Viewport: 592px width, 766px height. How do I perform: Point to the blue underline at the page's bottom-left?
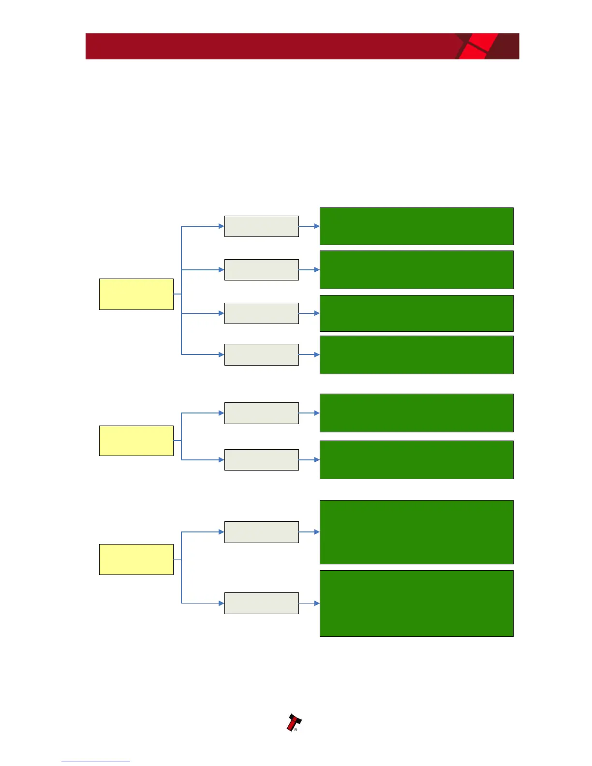(96, 762)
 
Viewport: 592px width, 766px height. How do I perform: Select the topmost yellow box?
(136, 294)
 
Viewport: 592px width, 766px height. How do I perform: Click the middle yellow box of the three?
(136, 441)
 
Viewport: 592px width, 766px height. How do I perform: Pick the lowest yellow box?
(136, 559)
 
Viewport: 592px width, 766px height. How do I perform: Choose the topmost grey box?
(261, 226)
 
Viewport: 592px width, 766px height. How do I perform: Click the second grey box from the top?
(261, 270)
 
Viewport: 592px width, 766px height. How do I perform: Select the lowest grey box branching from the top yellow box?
(261, 354)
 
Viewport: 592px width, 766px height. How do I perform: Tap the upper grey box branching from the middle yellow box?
(261, 413)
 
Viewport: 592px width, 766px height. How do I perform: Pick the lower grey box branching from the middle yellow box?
(261, 459)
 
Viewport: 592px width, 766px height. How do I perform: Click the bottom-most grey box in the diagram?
(261, 603)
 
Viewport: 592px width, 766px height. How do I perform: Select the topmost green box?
(416, 226)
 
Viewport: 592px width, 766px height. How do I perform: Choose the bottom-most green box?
(416, 603)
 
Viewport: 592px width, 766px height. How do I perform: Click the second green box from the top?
(416, 270)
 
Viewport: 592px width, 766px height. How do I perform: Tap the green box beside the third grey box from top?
(416, 313)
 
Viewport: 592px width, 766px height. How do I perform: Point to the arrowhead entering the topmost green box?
(317, 226)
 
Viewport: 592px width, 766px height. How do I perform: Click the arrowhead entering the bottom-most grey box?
(221, 603)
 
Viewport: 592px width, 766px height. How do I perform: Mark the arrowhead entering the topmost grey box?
(221, 226)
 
